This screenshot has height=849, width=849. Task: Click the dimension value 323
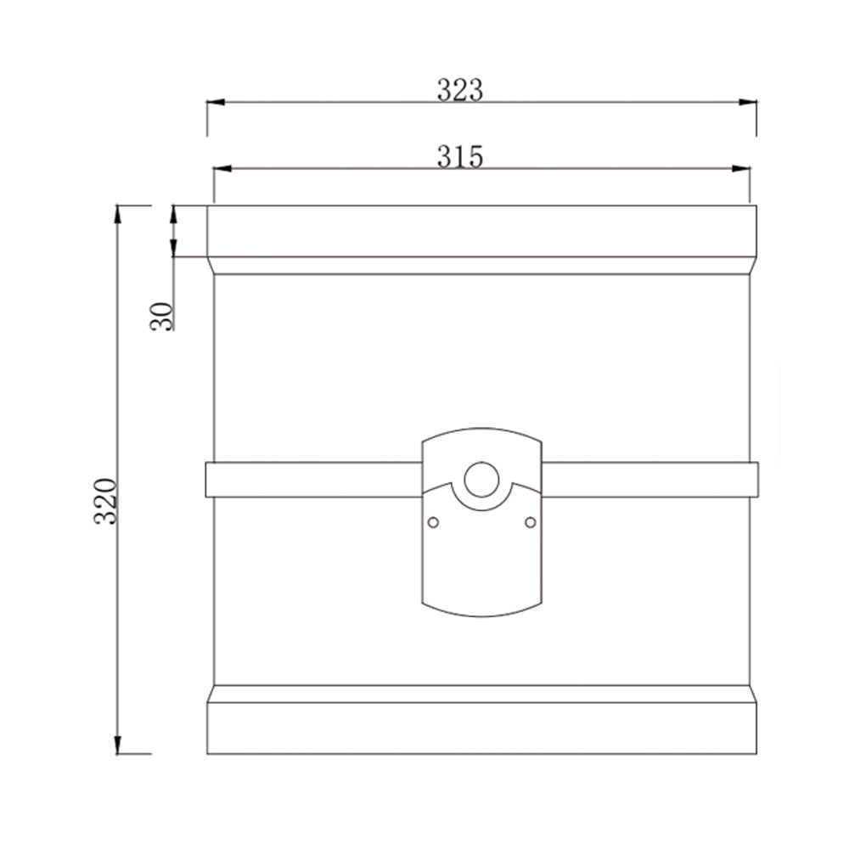coord(460,89)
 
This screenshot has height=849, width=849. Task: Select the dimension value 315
coord(460,156)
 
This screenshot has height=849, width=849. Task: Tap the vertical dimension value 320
coord(105,501)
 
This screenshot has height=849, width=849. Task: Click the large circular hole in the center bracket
coord(481,480)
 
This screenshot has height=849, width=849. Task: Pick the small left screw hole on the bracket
coord(433,522)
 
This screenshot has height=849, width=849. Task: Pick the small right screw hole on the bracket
coord(531,522)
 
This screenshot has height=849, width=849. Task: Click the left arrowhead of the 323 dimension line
coord(216,103)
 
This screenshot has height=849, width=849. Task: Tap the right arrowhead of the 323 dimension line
coord(748,103)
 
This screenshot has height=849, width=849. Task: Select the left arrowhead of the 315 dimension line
coord(222,169)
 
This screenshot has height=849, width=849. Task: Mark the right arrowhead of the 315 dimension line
coord(742,169)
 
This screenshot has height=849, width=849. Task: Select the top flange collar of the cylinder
coord(481,232)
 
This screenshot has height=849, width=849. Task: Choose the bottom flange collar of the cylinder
coord(481,728)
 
